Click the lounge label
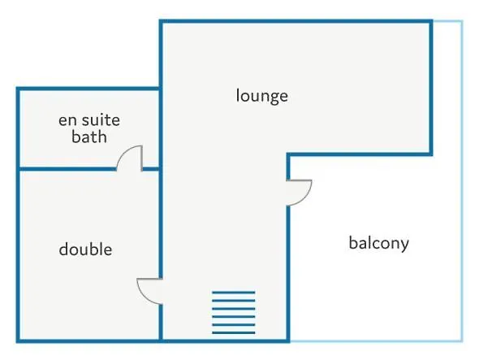click(261, 97)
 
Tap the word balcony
click(379, 244)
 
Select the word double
click(85, 249)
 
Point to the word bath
click(89, 137)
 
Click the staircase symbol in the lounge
click(234, 313)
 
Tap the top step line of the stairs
click(234, 293)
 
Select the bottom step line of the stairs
click(234, 333)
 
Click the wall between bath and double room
click(67, 169)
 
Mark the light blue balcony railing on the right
click(462, 180)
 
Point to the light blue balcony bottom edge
click(375, 340)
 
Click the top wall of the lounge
click(296, 21)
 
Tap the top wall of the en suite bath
click(88, 89)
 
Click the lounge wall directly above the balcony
click(360, 154)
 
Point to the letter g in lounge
click(274, 98)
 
